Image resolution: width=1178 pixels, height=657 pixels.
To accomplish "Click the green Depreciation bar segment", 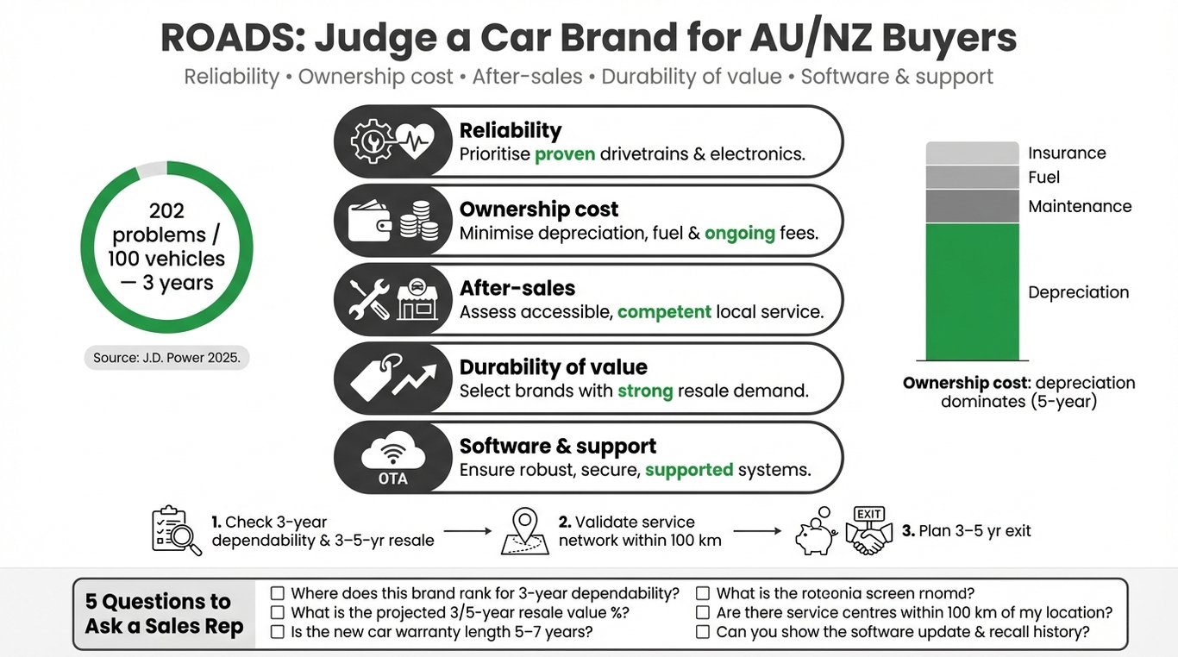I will pos(972,291).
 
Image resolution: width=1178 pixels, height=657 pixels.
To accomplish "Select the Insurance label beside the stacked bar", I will pos(1067,153).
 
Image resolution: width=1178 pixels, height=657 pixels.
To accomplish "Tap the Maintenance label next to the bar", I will pos(1080,206).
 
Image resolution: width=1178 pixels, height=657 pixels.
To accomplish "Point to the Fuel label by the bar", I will pos(1043,178).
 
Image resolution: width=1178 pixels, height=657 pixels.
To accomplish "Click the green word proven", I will pos(565,155).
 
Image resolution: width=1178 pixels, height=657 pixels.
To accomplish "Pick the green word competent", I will pos(664,312).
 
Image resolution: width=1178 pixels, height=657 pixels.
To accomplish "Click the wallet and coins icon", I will pos(393,221).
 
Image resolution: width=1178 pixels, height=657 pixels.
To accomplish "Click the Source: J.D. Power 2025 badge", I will pos(166,357).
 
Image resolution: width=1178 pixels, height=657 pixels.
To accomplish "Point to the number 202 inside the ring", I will pos(166,211).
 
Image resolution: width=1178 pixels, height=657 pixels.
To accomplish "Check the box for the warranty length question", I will pos(278,632).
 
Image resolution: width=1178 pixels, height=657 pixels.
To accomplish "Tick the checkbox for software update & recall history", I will pos(703,632).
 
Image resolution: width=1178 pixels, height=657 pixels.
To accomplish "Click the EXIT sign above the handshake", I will pos(868,515).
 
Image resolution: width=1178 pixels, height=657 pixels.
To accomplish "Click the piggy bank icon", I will pos(815,536).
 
